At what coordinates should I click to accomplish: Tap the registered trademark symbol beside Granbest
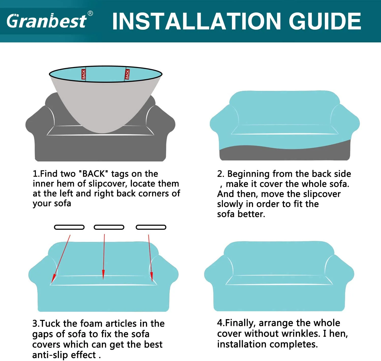point(90,13)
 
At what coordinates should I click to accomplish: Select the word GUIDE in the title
point(325,21)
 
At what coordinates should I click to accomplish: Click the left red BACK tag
point(84,74)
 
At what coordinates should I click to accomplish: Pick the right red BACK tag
point(127,74)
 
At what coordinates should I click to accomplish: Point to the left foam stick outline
point(69,227)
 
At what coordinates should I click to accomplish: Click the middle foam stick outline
point(109,227)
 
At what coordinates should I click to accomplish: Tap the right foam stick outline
point(151,227)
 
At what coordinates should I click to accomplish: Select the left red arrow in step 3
point(61,259)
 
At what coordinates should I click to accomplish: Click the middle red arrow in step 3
point(104,257)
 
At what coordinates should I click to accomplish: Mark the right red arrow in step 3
point(150,258)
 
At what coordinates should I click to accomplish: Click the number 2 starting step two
point(220,174)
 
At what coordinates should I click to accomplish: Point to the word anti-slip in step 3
point(50,355)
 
